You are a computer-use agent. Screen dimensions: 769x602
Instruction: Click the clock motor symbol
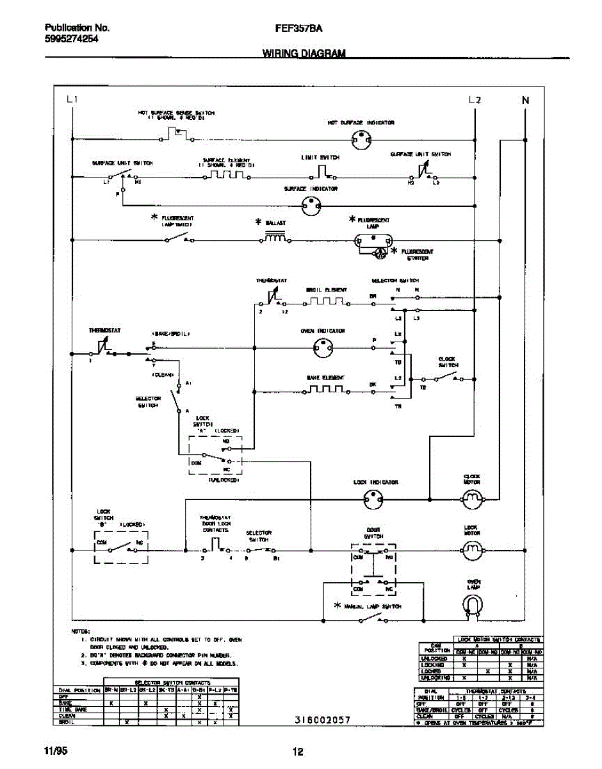tap(472, 498)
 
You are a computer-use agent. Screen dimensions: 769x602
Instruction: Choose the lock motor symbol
tap(472, 549)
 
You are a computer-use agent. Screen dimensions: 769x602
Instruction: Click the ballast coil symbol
tap(275, 239)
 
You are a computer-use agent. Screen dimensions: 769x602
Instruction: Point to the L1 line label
tap(72, 100)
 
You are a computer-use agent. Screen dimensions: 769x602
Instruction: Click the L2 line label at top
tap(475, 100)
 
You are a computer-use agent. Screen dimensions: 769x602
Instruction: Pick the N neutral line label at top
tap(526, 100)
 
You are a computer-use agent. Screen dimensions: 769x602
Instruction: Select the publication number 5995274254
tap(71, 38)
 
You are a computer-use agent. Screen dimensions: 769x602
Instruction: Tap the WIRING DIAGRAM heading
tap(304, 54)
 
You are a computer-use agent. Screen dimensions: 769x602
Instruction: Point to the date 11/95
tap(55, 751)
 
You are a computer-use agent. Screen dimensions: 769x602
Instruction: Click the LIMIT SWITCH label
tap(320, 157)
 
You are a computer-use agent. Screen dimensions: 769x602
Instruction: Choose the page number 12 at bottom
tap(298, 752)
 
